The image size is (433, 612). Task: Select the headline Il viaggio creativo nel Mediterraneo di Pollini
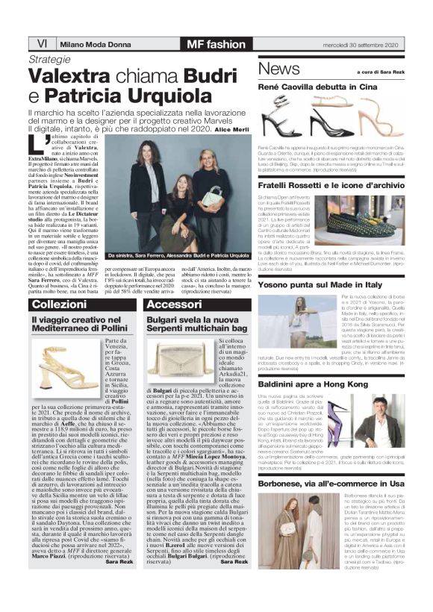point(81,323)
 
